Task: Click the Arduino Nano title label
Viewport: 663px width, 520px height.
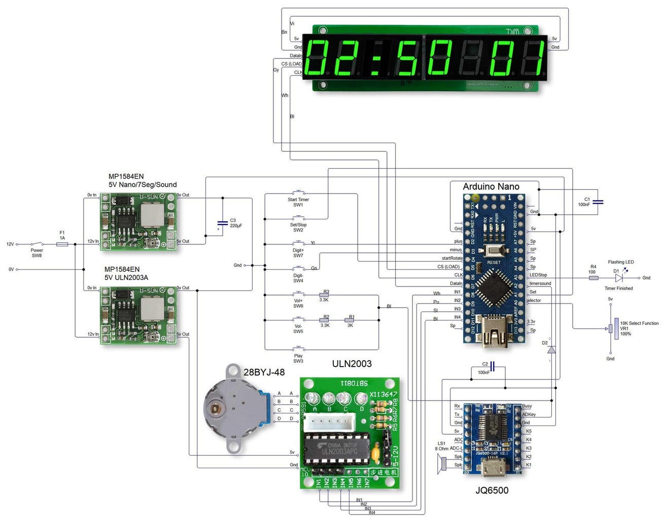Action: [x=491, y=186]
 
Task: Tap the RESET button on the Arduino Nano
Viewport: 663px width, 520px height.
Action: [x=493, y=251]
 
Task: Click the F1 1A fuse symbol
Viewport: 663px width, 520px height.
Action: [x=62, y=244]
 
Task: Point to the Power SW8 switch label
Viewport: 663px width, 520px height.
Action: [x=37, y=252]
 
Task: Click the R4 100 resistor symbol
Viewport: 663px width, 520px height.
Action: [x=593, y=278]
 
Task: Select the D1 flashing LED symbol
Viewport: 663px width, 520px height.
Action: [x=618, y=278]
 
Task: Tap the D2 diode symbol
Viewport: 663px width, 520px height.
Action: [x=551, y=349]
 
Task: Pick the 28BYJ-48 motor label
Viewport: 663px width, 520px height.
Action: [x=264, y=372]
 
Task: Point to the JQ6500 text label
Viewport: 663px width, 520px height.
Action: [x=492, y=491]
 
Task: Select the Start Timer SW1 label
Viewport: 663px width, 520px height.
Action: [x=298, y=202]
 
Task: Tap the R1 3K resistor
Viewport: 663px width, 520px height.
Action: [x=350, y=320]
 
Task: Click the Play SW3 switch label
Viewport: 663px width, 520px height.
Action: [x=298, y=359]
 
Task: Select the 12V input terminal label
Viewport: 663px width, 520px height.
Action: [x=10, y=244]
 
